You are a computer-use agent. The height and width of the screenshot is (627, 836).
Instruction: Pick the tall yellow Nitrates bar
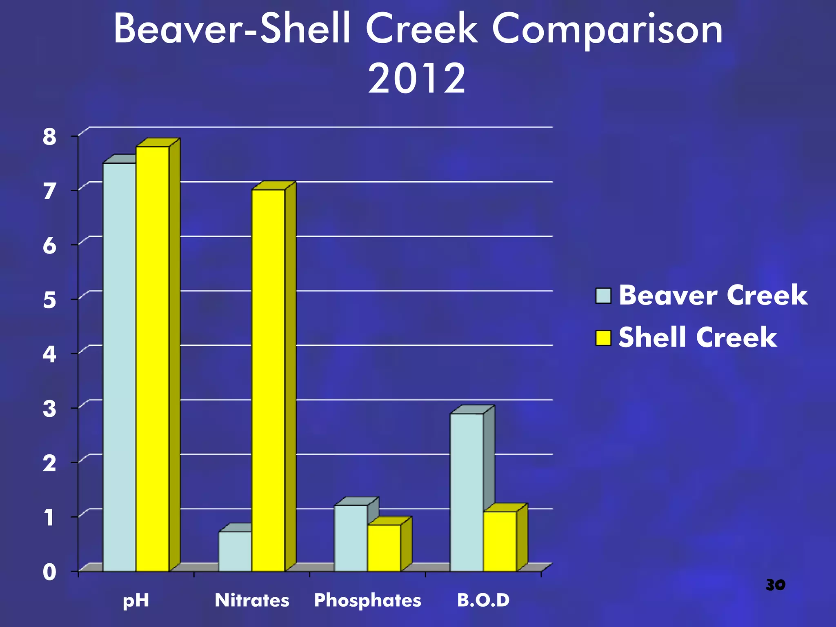pos(268,380)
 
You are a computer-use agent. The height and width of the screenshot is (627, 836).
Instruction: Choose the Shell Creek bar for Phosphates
pos(384,548)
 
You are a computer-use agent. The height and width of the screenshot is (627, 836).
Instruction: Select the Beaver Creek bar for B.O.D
pos(467,492)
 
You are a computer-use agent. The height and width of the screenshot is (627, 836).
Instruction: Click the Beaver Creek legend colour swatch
pos(603,296)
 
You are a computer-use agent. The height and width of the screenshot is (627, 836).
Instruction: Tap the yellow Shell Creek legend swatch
pos(603,338)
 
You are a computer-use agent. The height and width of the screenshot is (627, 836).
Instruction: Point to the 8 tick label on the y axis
pos(49,137)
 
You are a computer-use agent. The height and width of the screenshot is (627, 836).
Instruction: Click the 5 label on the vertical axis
pos(49,300)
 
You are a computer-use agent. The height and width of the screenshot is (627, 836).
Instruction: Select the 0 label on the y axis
pos(49,572)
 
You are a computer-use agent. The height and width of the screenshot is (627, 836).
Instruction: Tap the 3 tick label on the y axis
pos(49,409)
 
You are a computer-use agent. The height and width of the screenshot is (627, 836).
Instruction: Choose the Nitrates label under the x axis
pos(252,600)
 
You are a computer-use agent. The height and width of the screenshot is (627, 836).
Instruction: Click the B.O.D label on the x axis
pos(483,600)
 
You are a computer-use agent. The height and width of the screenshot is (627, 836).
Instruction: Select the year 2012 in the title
pos(416,78)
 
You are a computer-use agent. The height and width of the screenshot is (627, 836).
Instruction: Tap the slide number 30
pos(775,585)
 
